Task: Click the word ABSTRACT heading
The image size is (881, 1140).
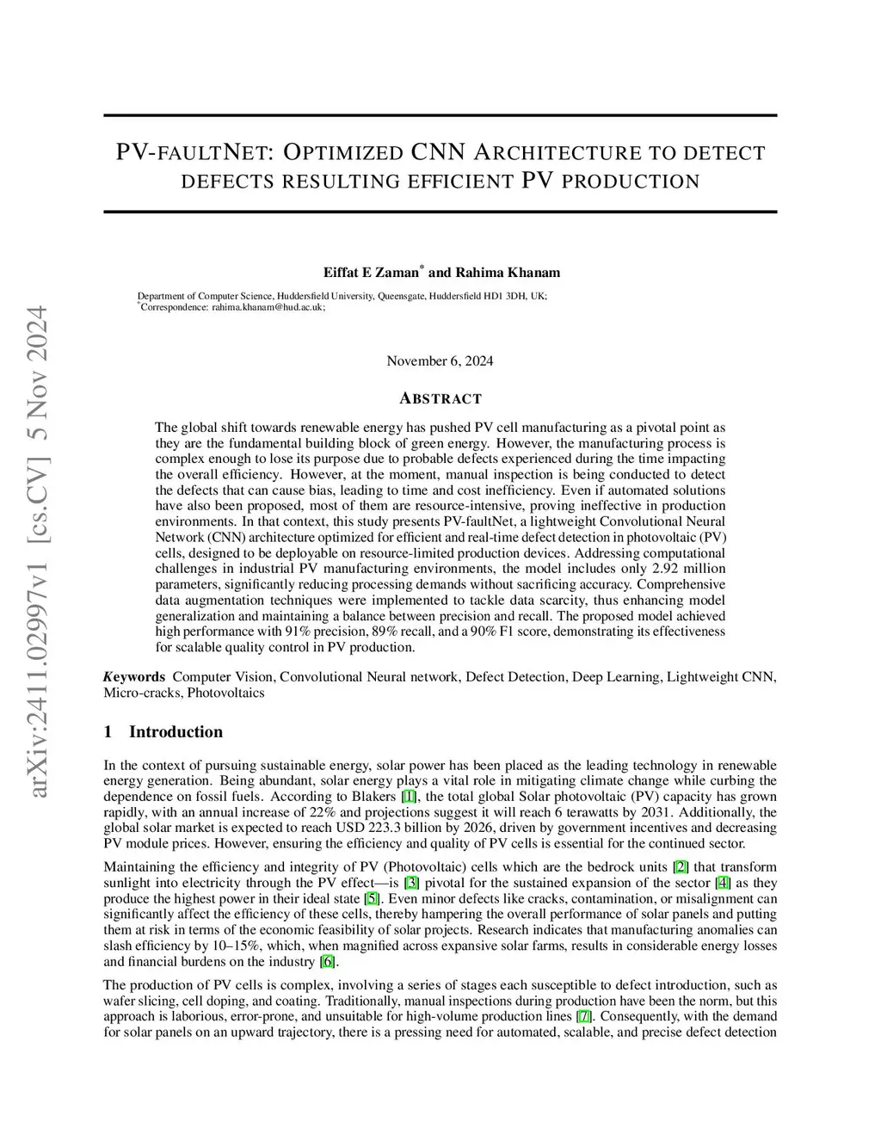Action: point(440,398)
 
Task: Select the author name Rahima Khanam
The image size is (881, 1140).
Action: point(508,273)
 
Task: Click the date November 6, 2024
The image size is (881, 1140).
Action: point(440,360)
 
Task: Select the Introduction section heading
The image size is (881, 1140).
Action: point(176,732)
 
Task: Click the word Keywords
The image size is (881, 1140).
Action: point(134,676)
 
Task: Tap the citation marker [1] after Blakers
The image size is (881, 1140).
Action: point(410,797)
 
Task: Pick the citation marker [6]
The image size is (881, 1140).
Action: point(328,962)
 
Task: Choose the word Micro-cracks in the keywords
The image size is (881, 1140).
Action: point(142,692)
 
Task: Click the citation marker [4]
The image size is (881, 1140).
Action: point(723,883)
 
